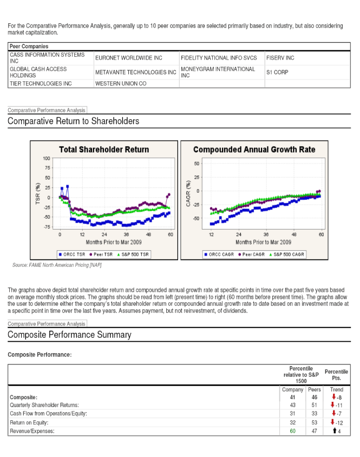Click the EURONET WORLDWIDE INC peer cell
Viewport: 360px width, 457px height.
pos(128,58)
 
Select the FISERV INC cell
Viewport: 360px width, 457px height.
pos(280,58)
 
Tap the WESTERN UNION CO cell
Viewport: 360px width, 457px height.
pos(121,84)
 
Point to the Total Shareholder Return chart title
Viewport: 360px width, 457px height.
pos(104,149)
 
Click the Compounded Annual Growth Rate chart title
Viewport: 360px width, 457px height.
pos(254,149)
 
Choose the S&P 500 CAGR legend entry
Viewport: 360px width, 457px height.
pos(288,254)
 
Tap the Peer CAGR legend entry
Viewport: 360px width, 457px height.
pos(252,254)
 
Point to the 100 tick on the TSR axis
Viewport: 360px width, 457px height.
pos(47,158)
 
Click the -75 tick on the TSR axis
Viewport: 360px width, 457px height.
pos(47,227)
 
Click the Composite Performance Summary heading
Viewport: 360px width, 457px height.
pos(69,335)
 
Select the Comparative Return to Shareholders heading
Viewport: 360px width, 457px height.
pos(73,121)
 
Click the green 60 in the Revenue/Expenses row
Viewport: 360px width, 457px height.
pos(293,431)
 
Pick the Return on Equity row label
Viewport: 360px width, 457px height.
pos(29,422)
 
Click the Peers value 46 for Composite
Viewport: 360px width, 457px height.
pos(314,397)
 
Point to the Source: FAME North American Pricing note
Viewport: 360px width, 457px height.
pos(57,265)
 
